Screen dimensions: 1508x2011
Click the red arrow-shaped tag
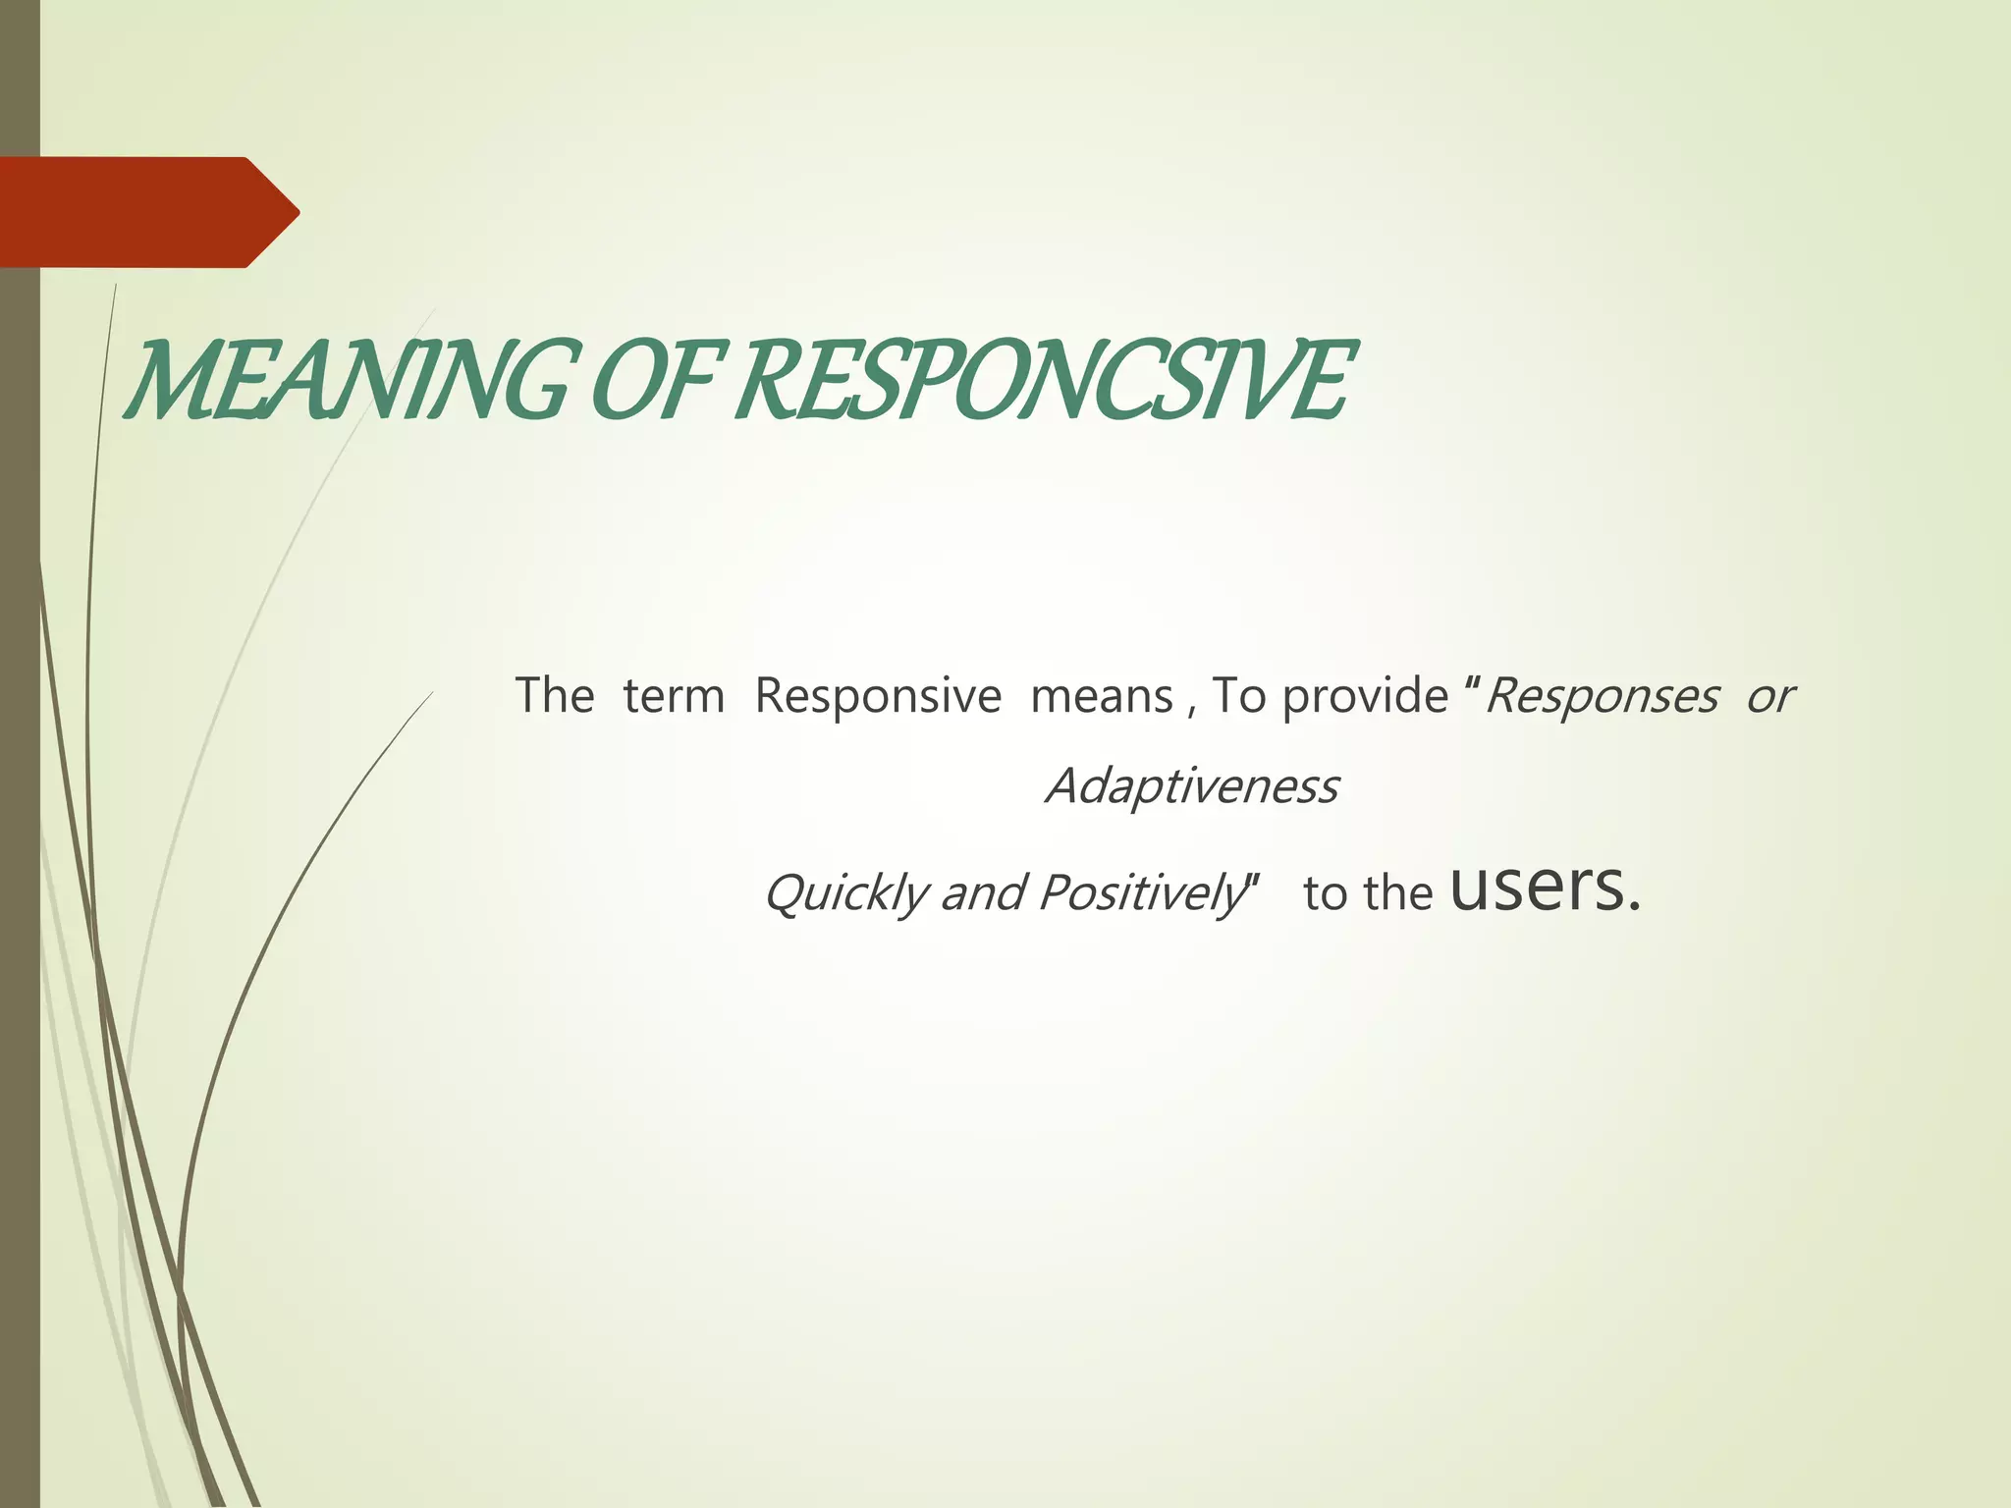coord(147,212)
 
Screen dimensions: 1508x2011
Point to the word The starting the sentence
coord(555,696)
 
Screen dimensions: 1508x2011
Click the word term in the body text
coord(674,696)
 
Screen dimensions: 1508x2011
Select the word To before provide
coord(1239,696)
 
